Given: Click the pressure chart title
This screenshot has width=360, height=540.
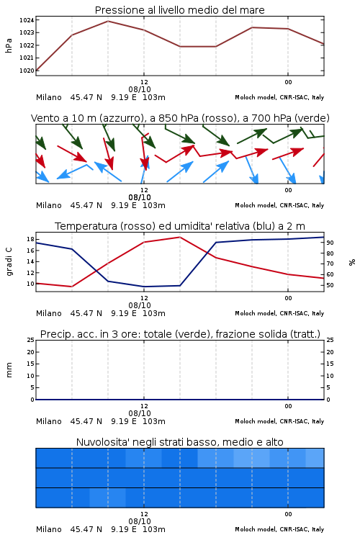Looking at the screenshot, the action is (179, 10).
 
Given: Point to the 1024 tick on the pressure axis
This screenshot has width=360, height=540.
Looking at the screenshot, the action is (27, 20).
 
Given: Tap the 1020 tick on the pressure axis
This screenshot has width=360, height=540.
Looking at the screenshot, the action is (27, 71).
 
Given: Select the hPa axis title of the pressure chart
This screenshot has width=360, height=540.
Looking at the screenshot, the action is (9, 45).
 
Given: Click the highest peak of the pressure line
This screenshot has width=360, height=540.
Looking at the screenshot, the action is (108, 21).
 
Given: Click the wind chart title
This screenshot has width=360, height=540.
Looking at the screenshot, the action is (180, 118).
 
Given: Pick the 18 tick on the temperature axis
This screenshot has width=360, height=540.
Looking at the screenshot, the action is (30, 239).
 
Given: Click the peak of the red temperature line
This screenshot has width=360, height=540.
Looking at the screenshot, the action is (179, 237).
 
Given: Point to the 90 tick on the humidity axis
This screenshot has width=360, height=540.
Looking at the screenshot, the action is (330, 243).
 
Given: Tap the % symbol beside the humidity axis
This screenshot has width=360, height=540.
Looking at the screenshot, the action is (352, 262).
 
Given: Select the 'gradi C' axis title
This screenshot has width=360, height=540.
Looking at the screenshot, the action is (9, 262).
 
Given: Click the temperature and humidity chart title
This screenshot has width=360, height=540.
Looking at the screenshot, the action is (180, 226).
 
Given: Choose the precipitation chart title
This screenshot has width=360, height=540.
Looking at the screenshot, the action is (180, 334).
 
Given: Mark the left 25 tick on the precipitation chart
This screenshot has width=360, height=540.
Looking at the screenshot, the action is (30, 340).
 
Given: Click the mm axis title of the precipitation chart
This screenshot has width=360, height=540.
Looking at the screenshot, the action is (9, 370).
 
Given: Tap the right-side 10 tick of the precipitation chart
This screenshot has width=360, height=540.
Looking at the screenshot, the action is (330, 376).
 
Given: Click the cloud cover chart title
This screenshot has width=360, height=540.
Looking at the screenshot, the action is (179, 442).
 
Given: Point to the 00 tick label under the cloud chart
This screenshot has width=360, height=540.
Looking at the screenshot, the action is (288, 514).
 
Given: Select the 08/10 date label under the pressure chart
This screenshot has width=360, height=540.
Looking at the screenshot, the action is (140, 89).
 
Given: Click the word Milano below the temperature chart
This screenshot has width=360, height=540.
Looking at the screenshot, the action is (48, 313).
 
